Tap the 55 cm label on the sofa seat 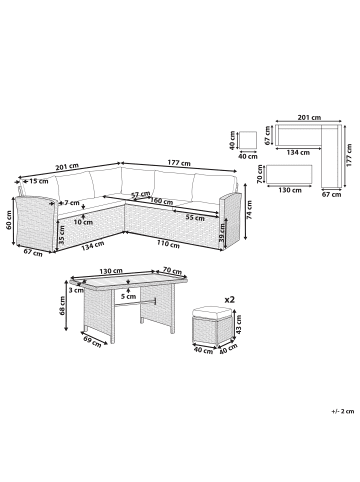196,218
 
